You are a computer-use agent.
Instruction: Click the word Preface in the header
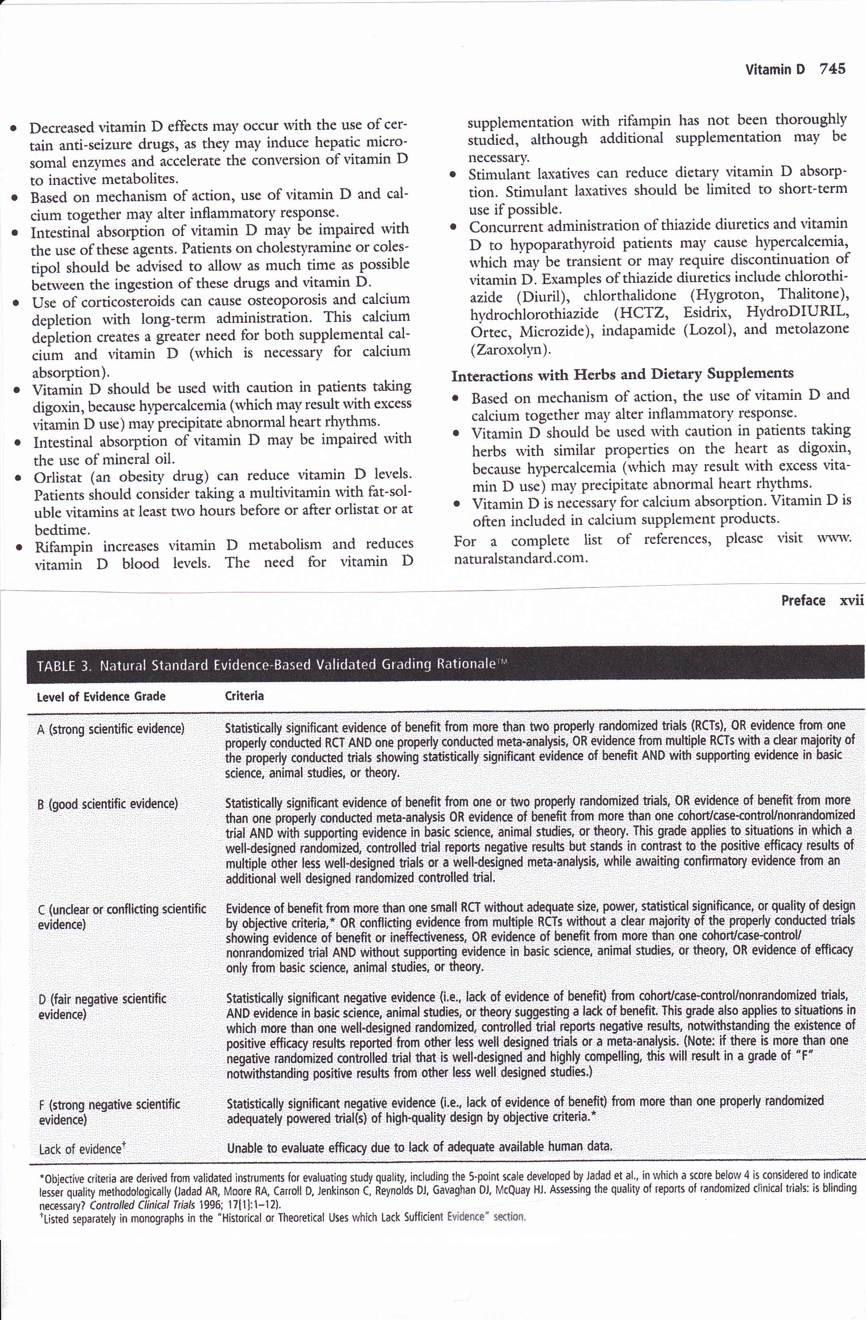coord(803,601)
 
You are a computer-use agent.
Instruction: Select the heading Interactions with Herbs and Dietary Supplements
coord(622,375)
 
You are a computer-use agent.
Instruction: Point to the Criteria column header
coord(244,696)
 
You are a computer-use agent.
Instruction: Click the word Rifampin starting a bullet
coord(63,547)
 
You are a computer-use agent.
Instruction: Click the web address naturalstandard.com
coord(520,558)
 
